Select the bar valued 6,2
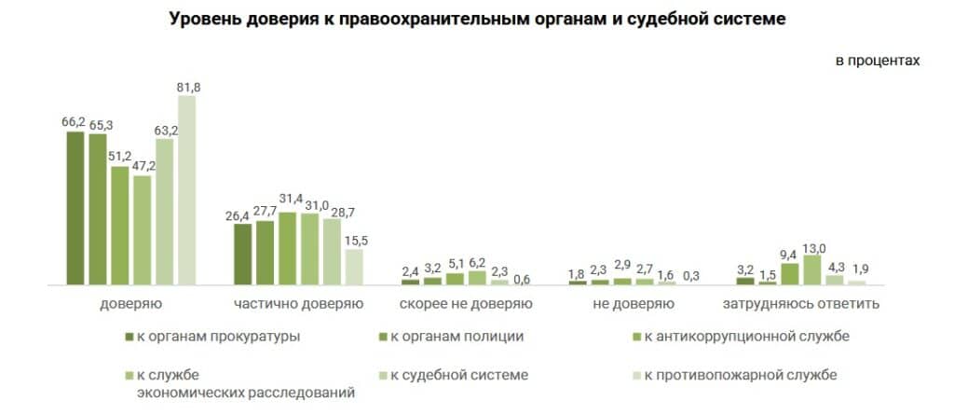[478, 277]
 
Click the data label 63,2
[166, 131]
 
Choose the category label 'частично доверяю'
[298, 304]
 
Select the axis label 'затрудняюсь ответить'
[800, 304]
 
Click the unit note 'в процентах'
[878, 61]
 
